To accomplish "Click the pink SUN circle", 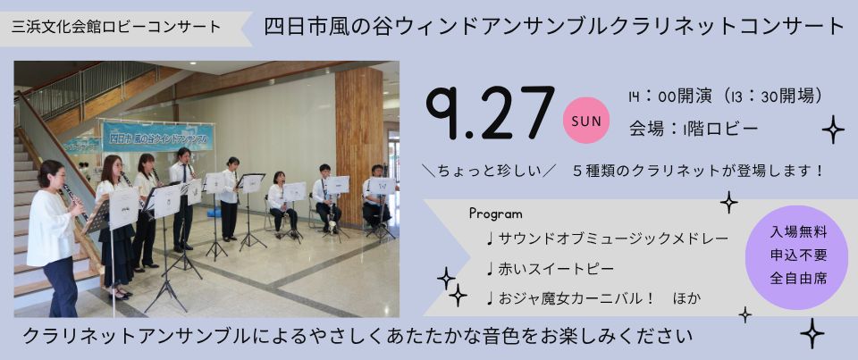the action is point(586,121).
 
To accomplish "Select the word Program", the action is point(496,213).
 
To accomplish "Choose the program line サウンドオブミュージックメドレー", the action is point(607,239).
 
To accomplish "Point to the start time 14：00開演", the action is point(670,96).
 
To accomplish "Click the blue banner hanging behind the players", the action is point(157,137).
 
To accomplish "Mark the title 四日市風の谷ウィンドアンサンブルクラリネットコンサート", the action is point(555,26).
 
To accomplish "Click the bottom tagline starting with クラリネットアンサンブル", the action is point(357,336).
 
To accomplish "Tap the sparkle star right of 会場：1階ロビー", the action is point(833,130).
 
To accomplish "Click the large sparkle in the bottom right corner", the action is point(812,333).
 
